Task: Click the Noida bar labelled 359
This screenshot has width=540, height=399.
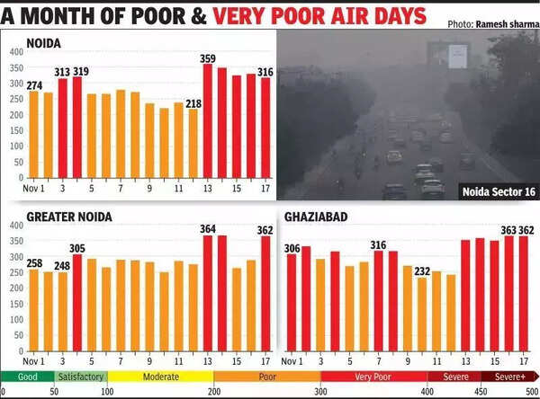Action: [x=208, y=121]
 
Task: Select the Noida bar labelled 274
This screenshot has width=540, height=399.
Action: [x=34, y=135]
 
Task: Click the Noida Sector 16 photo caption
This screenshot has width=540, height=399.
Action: [x=496, y=191]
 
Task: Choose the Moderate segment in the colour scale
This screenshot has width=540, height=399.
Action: [x=160, y=377]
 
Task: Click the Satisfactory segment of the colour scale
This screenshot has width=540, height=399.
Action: [x=81, y=377]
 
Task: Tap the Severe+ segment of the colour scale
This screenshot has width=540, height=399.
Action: [x=510, y=377]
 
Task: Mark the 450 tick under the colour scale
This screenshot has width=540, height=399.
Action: [x=481, y=392]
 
